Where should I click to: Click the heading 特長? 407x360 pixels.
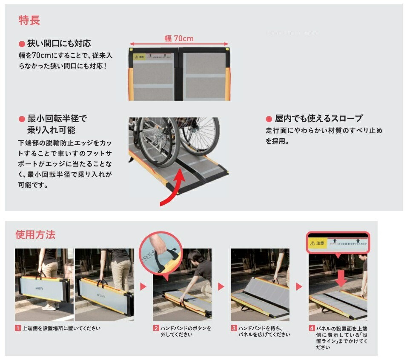coord(29,20)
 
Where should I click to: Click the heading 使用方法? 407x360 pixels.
coord(35,234)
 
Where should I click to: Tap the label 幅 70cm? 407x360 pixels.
coord(179,38)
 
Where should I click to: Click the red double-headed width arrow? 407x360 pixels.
coord(179,44)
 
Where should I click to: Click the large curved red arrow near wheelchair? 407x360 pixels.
coord(175,187)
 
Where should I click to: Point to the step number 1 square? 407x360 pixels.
coord(18,329)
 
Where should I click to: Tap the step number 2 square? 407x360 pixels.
coord(156,329)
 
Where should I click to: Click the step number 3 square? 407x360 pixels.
coord(234,329)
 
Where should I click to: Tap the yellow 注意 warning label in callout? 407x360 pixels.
coord(318,243)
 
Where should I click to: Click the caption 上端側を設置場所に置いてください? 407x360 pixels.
coord(61,329)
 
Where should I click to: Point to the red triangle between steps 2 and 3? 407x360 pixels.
coord(221,286)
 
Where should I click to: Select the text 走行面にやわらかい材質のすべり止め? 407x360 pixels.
coord(324,130)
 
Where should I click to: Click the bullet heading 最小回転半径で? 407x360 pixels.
coord(57,119)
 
